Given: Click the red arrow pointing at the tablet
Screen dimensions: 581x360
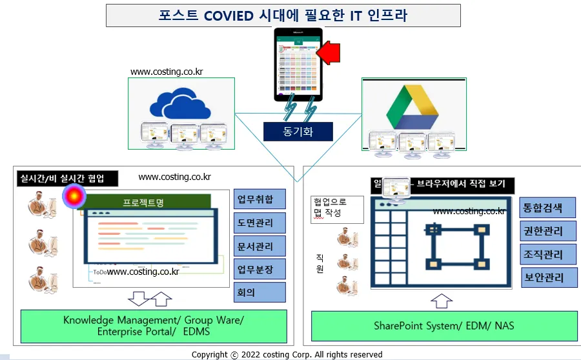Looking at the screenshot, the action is coord(331,51).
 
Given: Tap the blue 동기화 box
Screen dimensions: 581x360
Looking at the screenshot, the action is coord(298,132).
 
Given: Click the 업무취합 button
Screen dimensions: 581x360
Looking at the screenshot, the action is coord(260,199).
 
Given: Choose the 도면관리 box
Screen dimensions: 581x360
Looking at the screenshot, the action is coord(260,223).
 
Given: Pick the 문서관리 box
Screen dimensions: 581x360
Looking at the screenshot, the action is coord(260,246).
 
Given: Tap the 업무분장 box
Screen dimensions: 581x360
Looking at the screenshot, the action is coord(260,269).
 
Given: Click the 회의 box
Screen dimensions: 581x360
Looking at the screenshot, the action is coord(260,292).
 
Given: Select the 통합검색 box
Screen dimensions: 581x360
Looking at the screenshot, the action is coord(543,208).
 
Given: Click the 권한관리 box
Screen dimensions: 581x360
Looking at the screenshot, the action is coord(543,231).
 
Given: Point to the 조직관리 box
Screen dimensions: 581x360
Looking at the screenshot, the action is coord(543,254).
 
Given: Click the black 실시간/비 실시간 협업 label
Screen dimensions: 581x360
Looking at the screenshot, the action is coord(61,178).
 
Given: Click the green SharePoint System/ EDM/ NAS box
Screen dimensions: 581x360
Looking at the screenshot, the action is coord(443,326).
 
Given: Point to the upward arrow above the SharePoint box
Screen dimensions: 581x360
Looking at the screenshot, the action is coord(442,300).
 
